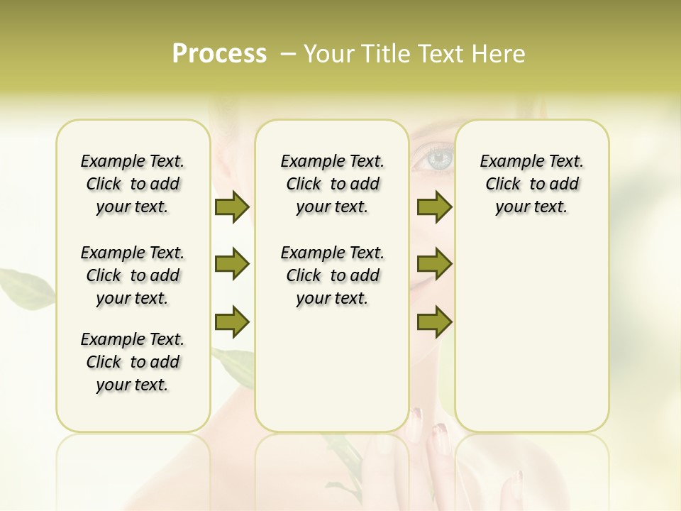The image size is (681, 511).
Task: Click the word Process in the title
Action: tap(219, 54)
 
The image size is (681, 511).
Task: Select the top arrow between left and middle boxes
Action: tap(232, 207)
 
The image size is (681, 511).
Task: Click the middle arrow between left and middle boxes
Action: tap(232, 264)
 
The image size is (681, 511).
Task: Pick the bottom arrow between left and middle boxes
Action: tap(232, 322)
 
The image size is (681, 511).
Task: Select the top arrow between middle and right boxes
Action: tap(434, 207)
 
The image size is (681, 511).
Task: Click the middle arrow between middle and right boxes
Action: tap(434, 264)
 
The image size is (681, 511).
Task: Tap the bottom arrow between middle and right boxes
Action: tap(434, 322)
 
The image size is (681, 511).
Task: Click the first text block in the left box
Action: tap(133, 184)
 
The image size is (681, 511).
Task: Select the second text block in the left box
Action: tap(133, 275)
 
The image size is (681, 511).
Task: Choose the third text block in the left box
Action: tap(133, 362)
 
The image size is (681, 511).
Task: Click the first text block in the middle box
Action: tap(332, 184)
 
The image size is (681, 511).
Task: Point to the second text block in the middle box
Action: tap(332, 275)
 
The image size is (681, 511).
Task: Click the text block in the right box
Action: tap(531, 184)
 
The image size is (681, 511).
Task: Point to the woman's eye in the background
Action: tap(438, 158)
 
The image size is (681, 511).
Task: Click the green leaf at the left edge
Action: tap(25, 284)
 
